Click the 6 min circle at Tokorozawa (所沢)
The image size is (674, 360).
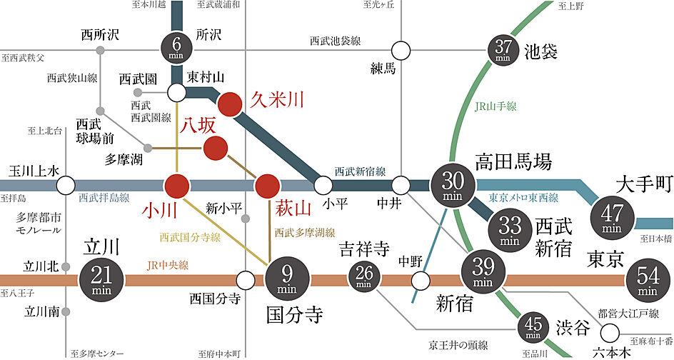(176, 45)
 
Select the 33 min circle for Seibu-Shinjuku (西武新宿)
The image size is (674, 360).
(510, 230)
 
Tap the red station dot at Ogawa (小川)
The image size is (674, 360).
(176, 186)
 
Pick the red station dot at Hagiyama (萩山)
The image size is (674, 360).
(268, 186)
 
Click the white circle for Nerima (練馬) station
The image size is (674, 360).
(401, 51)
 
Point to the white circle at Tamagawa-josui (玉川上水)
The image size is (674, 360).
(66, 186)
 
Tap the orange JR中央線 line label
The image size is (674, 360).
(168, 264)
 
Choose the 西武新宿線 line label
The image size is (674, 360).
(361, 171)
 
